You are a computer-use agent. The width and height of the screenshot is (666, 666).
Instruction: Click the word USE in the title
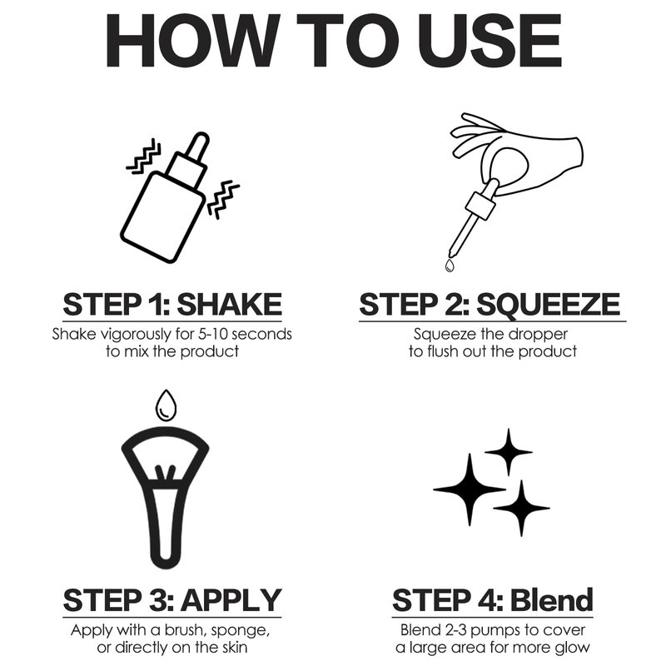tap(490, 40)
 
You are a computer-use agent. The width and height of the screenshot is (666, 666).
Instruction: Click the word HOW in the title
tap(193, 40)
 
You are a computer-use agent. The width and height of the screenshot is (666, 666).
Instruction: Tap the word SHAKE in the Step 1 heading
tap(230, 304)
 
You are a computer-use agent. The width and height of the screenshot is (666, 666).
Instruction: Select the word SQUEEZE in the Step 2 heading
tap(548, 305)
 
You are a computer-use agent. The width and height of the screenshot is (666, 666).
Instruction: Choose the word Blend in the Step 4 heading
tap(551, 599)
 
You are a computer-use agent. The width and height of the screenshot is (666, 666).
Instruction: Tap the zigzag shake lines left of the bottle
tap(144, 156)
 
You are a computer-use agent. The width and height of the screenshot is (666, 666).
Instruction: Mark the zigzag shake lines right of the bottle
tap(223, 199)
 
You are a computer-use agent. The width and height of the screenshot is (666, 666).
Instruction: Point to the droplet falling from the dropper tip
tap(450, 266)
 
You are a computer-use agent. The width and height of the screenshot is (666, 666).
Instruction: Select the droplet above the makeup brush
tap(166, 405)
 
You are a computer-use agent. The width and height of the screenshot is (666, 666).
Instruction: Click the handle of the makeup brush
tap(165, 527)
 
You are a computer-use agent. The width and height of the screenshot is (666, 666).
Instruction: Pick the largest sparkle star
tap(470, 490)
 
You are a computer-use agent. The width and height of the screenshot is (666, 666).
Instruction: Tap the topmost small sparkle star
tap(509, 452)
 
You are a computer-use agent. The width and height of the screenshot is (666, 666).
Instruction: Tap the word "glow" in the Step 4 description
tap(571, 649)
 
